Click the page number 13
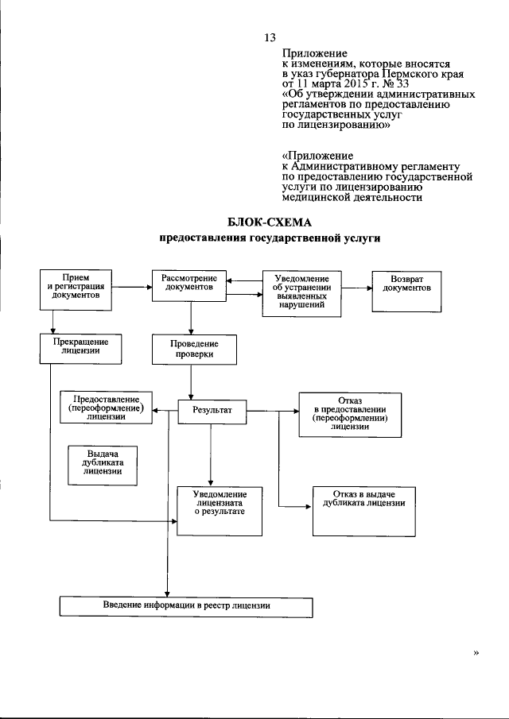point(270,37)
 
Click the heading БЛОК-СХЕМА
point(270,223)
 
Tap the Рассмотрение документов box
point(189,286)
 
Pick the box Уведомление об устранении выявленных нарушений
point(301,294)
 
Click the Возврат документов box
point(406,292)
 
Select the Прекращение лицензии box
point(81,349)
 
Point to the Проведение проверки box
point(195,350)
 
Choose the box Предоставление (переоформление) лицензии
point(106,408)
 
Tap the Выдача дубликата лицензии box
point(103,466)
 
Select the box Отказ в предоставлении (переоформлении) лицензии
point(350,415)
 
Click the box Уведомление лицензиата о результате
point(220,512)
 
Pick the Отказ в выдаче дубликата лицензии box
point(364,512)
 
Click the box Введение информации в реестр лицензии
point(186,607)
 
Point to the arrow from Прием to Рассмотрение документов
point(132,287)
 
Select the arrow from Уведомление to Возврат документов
point(356,288)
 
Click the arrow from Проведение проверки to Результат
point(191,382)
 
